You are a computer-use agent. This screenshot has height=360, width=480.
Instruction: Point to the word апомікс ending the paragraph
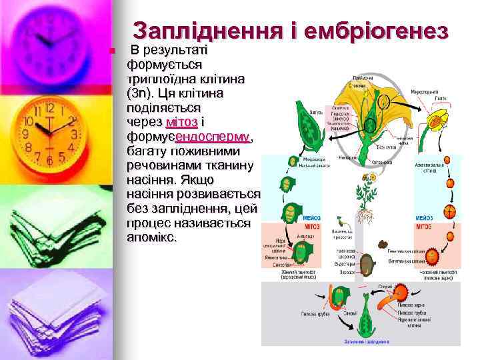[x=152, y=238]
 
